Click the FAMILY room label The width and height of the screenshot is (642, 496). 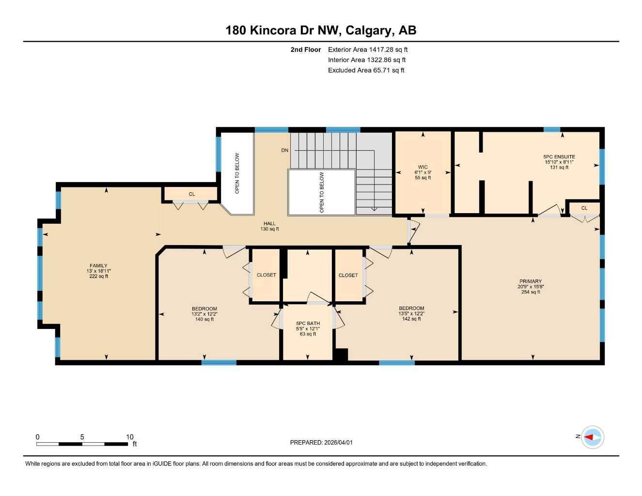point(98,265)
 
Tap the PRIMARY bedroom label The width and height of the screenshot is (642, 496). point(531,281)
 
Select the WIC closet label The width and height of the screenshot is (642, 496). point(423,167)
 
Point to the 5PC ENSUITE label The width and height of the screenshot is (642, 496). point(559,156)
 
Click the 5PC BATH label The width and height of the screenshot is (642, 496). point(308,323)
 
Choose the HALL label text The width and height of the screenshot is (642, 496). point(269,223)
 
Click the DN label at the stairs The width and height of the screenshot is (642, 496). point(284,150)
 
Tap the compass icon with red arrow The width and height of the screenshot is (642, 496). point(592,437)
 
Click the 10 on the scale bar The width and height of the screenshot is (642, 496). point(129,437)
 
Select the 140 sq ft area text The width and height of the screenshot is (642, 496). point(204,319)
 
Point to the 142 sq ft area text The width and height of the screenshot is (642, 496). point(411,319)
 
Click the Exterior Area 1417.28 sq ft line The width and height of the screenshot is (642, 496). point(368,49)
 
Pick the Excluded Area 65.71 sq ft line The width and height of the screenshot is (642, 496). point(366,70)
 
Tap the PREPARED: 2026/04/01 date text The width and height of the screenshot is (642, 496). point(321,442)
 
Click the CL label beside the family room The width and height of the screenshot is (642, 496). point(192,194)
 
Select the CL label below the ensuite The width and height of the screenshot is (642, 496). point(584,208)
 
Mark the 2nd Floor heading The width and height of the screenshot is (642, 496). point(305,49)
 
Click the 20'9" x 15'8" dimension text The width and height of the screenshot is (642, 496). point(531,286)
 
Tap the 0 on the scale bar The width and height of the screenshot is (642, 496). point(38,437)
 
